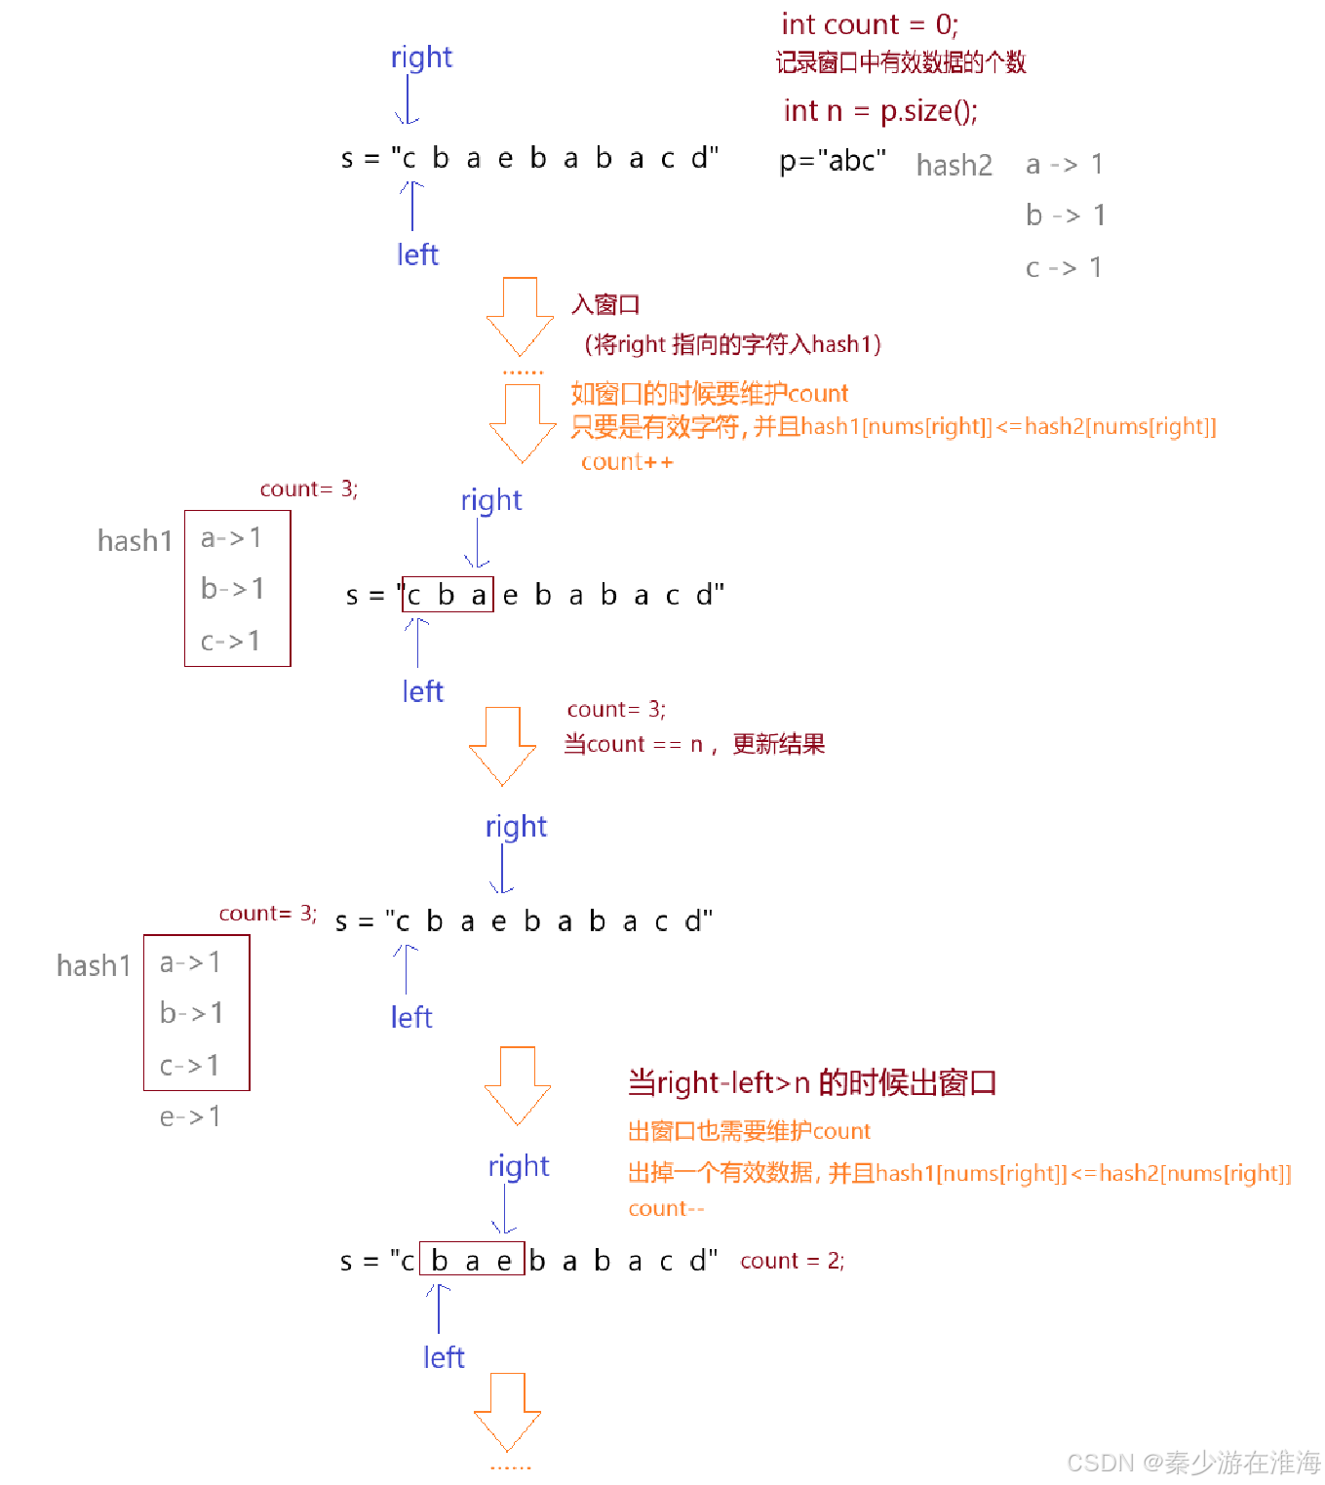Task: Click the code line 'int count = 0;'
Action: coord(870,24)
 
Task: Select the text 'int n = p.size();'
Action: coord(879,111)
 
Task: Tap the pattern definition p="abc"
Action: coord(833,160)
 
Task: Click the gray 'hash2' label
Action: coord(954,166)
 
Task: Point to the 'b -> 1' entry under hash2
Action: coord(1065,215)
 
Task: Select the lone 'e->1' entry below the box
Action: coord(190,1116)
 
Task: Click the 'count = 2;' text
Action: coord(792,1261)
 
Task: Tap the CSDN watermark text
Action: coord(1193,1463)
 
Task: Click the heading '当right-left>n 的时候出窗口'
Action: coord(811,1083)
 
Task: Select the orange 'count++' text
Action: coord(627,462)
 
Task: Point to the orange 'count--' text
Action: coord(665,1209)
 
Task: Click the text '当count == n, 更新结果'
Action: coord(694,745)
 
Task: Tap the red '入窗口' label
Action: coord(605,305)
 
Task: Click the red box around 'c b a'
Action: coord(448,594)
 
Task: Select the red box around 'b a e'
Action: coord(472,1259)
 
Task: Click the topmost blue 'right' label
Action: coord(421,58)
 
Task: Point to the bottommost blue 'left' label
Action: coord(444,1357)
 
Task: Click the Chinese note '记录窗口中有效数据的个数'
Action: coord(901,63)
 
